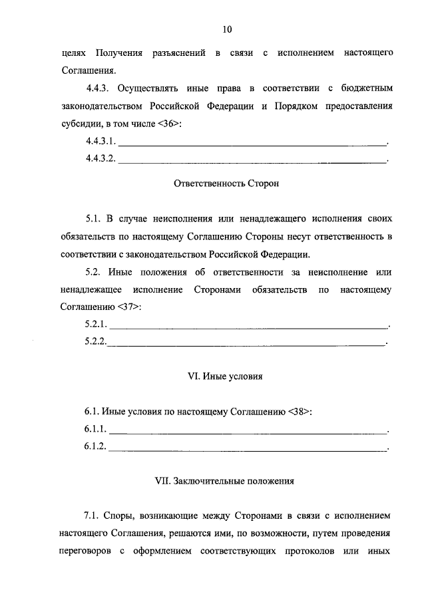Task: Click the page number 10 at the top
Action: (226, 29)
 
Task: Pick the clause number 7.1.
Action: (93, 516)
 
